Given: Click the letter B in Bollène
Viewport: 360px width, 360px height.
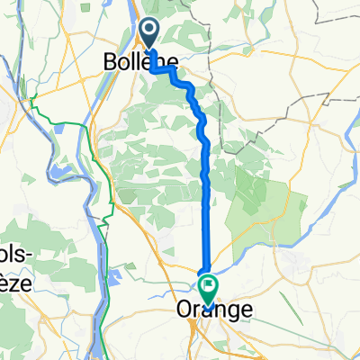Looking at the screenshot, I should (x=109, y=61).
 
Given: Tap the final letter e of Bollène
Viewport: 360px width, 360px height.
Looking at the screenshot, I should (x=170, y=61).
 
